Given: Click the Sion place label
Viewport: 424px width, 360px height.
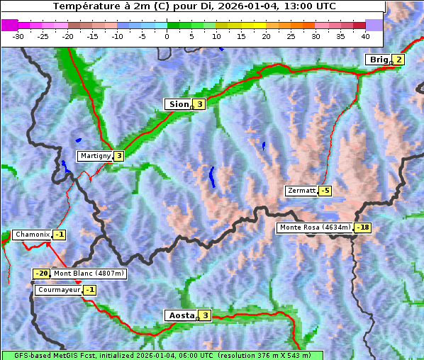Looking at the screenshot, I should click(x=178, y=104).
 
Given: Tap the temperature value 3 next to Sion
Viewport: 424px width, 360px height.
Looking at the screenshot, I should click(x=199, y=104).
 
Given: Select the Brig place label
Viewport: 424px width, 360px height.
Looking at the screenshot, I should click(x=379, y=60).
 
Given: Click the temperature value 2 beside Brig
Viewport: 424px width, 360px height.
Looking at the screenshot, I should click(x=398, y=60).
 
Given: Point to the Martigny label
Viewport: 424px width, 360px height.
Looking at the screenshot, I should click(x=95, y=156).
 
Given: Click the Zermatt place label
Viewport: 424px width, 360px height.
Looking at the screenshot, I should click(x=301, y=191).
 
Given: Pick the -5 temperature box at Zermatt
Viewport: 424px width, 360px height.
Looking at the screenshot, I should click(x=325, y=191).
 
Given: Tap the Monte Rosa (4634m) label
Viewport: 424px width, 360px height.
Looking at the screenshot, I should click(x=314, y=227).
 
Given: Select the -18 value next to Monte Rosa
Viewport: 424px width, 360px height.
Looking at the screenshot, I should click(x=362, y=227).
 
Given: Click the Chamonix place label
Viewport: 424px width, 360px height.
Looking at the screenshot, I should click(x=31, y=235).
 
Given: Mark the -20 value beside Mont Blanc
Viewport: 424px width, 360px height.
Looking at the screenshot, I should click(x=42, y=274).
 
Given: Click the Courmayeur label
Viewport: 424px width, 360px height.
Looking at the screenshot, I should click(x=58, y=290).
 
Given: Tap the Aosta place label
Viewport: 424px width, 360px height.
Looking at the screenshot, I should click(x=180, y=315).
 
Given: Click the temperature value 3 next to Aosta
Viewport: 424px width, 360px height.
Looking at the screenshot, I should click(x=205, y=315).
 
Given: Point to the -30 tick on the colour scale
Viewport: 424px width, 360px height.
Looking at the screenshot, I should click(x=18, y=35).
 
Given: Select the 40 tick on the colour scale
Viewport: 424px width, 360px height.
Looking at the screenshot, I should click(x=365, y=35).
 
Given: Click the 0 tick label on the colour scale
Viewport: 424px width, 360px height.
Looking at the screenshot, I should click(x=167, y=35).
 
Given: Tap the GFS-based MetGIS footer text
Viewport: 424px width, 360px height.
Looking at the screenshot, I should click(x=162, y=355).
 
